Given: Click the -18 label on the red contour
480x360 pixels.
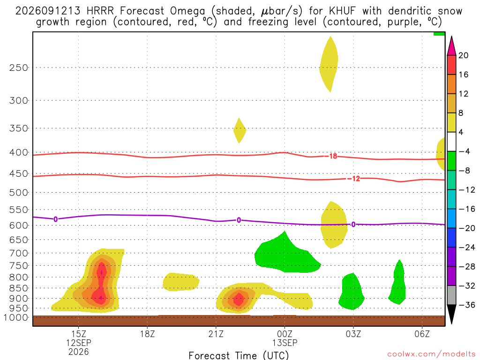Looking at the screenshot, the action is coord(333,157).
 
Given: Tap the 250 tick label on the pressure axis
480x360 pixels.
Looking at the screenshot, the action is coord(18,67).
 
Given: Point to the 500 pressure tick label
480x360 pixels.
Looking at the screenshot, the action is coord(18,193).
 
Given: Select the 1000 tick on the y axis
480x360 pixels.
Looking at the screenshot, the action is coord(16,318).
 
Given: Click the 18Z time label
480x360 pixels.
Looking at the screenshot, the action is coord(147,334).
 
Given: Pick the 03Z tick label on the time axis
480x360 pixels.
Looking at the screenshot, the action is coord(353,334).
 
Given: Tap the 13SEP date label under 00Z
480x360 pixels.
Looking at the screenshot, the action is coord(285,343).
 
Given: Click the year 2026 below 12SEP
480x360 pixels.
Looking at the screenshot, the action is coord(79,352).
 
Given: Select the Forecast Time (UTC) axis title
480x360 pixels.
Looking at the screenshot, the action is coord(239,355).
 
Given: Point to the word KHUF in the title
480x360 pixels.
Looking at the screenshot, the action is coord(343,11).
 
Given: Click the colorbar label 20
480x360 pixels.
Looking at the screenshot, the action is coord(464,55).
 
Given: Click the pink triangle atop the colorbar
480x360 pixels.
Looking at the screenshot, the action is coord(451,45).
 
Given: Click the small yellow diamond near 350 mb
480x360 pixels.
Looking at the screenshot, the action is coord(240,130).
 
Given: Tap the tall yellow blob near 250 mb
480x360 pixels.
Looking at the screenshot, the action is coord(329,64).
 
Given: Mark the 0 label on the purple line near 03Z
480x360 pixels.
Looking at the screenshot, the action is coord(353,225).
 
